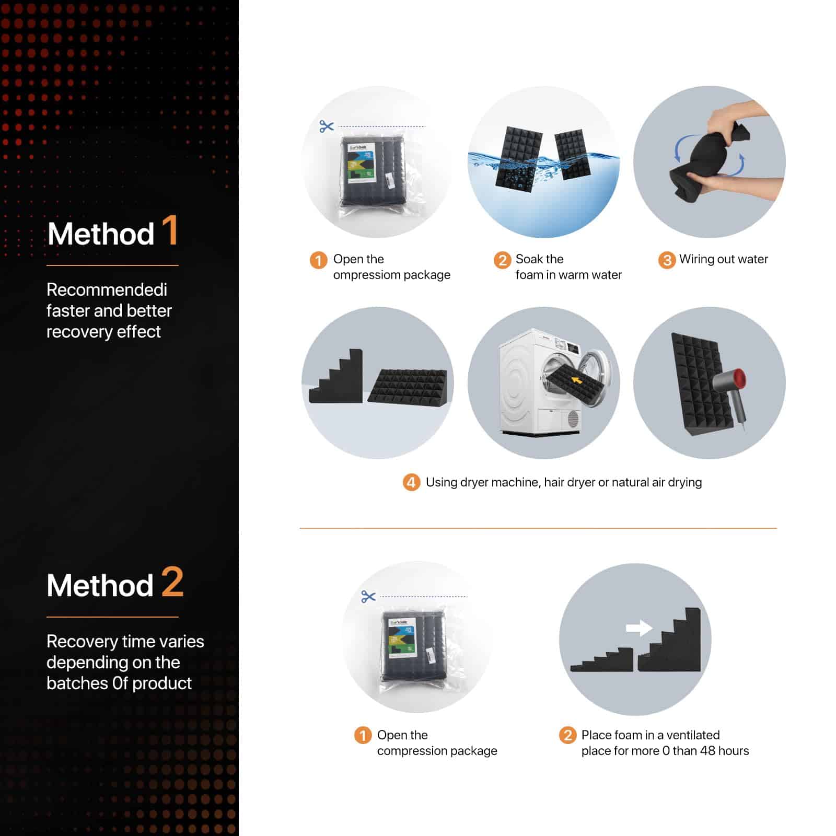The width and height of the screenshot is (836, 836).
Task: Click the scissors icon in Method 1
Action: (327, 126)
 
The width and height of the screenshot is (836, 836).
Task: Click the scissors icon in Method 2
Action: (368, 596)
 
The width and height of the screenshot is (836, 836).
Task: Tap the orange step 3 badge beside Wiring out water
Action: (667, 260)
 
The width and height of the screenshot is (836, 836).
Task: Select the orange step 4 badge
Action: (411, 482)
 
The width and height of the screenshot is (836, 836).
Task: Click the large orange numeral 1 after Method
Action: (170, 230)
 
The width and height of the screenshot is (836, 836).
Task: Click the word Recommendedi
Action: (107, 289)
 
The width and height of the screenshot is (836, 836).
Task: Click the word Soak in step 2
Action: (529, 259)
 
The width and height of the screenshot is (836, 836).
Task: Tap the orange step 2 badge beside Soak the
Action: (502, 260)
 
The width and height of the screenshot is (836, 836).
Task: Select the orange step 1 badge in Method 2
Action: (363, 735)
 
